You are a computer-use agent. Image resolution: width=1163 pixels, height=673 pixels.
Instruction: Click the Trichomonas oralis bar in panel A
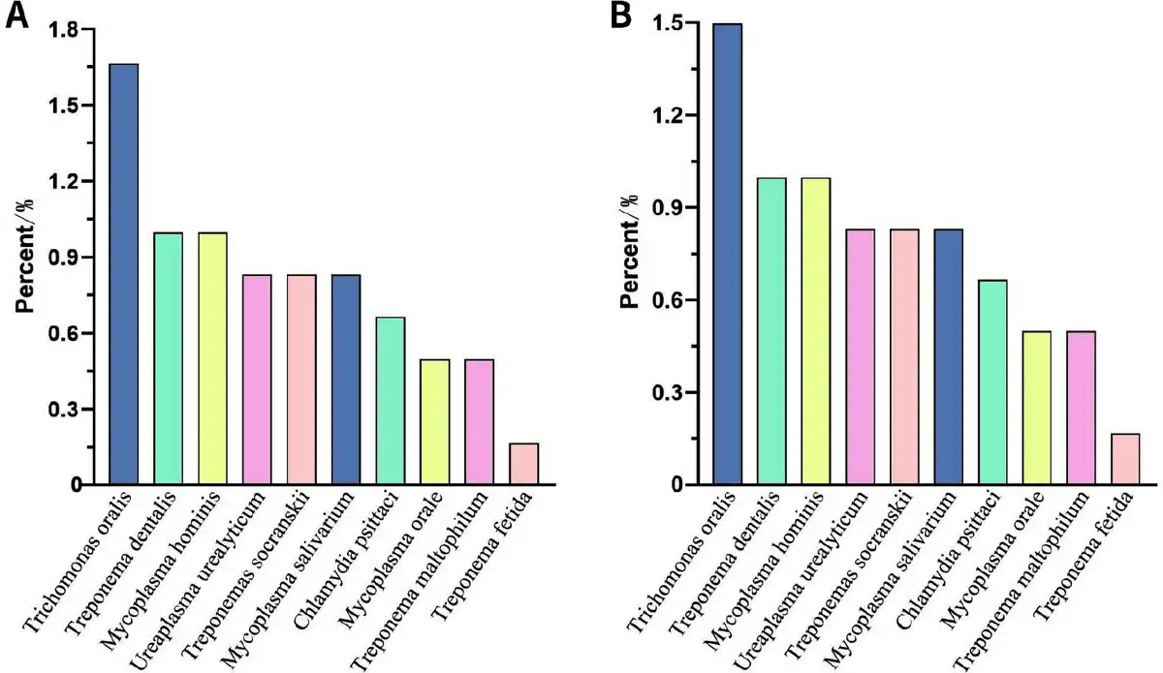[123, 274]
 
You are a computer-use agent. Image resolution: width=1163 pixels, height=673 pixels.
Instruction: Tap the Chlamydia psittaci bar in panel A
[391, 400]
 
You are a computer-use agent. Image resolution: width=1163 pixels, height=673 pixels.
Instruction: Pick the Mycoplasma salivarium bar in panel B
[950, 356]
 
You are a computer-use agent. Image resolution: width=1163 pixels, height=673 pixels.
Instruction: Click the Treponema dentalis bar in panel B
[771, 331]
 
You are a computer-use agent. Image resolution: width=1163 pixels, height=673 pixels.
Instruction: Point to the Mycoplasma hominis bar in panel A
[212, 358]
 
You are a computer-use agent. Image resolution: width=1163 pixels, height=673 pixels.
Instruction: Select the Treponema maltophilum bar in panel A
[480, 421]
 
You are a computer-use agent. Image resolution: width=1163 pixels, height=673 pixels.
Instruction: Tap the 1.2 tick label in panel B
[669, 115]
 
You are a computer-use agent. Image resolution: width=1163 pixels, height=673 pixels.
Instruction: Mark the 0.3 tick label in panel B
[669, 392]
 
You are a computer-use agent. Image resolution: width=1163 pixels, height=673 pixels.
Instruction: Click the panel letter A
[16, 18]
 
